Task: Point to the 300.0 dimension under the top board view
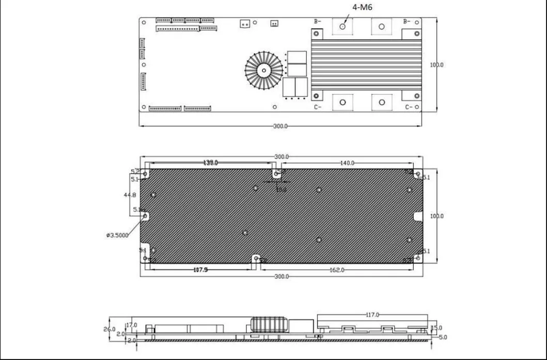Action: tap(280, 126)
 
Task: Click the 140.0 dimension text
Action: tap(347, 163)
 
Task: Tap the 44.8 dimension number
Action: tap(130, 195)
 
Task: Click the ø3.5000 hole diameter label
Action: tap(117, 236)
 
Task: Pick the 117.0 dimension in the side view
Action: tap(372, 314)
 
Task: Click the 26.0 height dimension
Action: tap(110, 328)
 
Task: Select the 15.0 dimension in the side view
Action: tap(437, 327)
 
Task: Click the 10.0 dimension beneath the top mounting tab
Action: tap(281, 190)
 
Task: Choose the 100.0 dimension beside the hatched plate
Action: tap(436, 216)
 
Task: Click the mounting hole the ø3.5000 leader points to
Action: tap(145, 216)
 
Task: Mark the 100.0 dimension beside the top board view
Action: tap(436, 65)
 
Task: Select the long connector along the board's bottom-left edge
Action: tap(165, 108)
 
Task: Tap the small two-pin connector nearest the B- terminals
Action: tap(274, 23)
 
